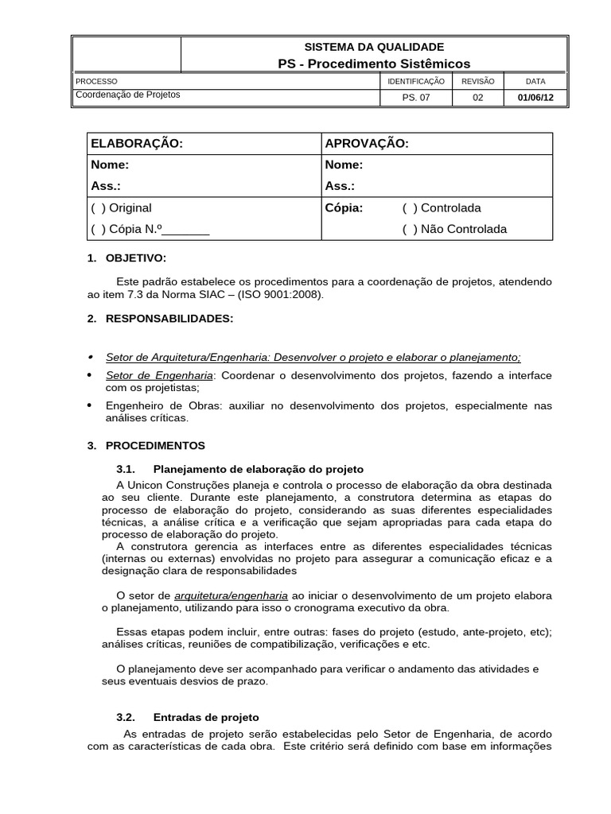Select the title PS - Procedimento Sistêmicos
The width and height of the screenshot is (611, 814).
pyautogui.click(x=374, y=64)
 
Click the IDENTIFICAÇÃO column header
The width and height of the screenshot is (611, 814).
pyautogui.click(x=416, y=81)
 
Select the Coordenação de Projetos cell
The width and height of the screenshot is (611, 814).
pyautogui.click(x=127, y=95)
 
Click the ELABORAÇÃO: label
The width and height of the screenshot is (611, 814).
pyautogui.click(x=137, y=144)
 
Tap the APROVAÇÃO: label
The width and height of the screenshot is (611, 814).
pyautogui.click(x=367, y=144)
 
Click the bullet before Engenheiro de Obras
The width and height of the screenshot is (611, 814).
pyautogui.click(x=90, y=406)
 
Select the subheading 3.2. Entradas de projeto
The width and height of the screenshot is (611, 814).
pyautogui.click(x=205, y=717)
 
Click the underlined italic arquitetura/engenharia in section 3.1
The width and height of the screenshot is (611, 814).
pyautogui.click(x=231, y=595)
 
